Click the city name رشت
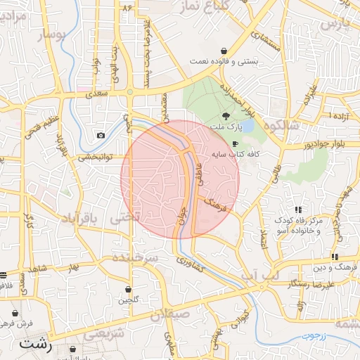(x=36, y=345)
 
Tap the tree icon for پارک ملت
(x=225, y=117)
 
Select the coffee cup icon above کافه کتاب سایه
(x=225, y=143)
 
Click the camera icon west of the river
(x=101, y=135)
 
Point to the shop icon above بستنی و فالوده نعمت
(x=224, y=51)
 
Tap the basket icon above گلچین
(x=128, y=289)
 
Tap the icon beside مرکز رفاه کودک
(x=299, y=210)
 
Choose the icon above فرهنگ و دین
(x=335, y=257)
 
